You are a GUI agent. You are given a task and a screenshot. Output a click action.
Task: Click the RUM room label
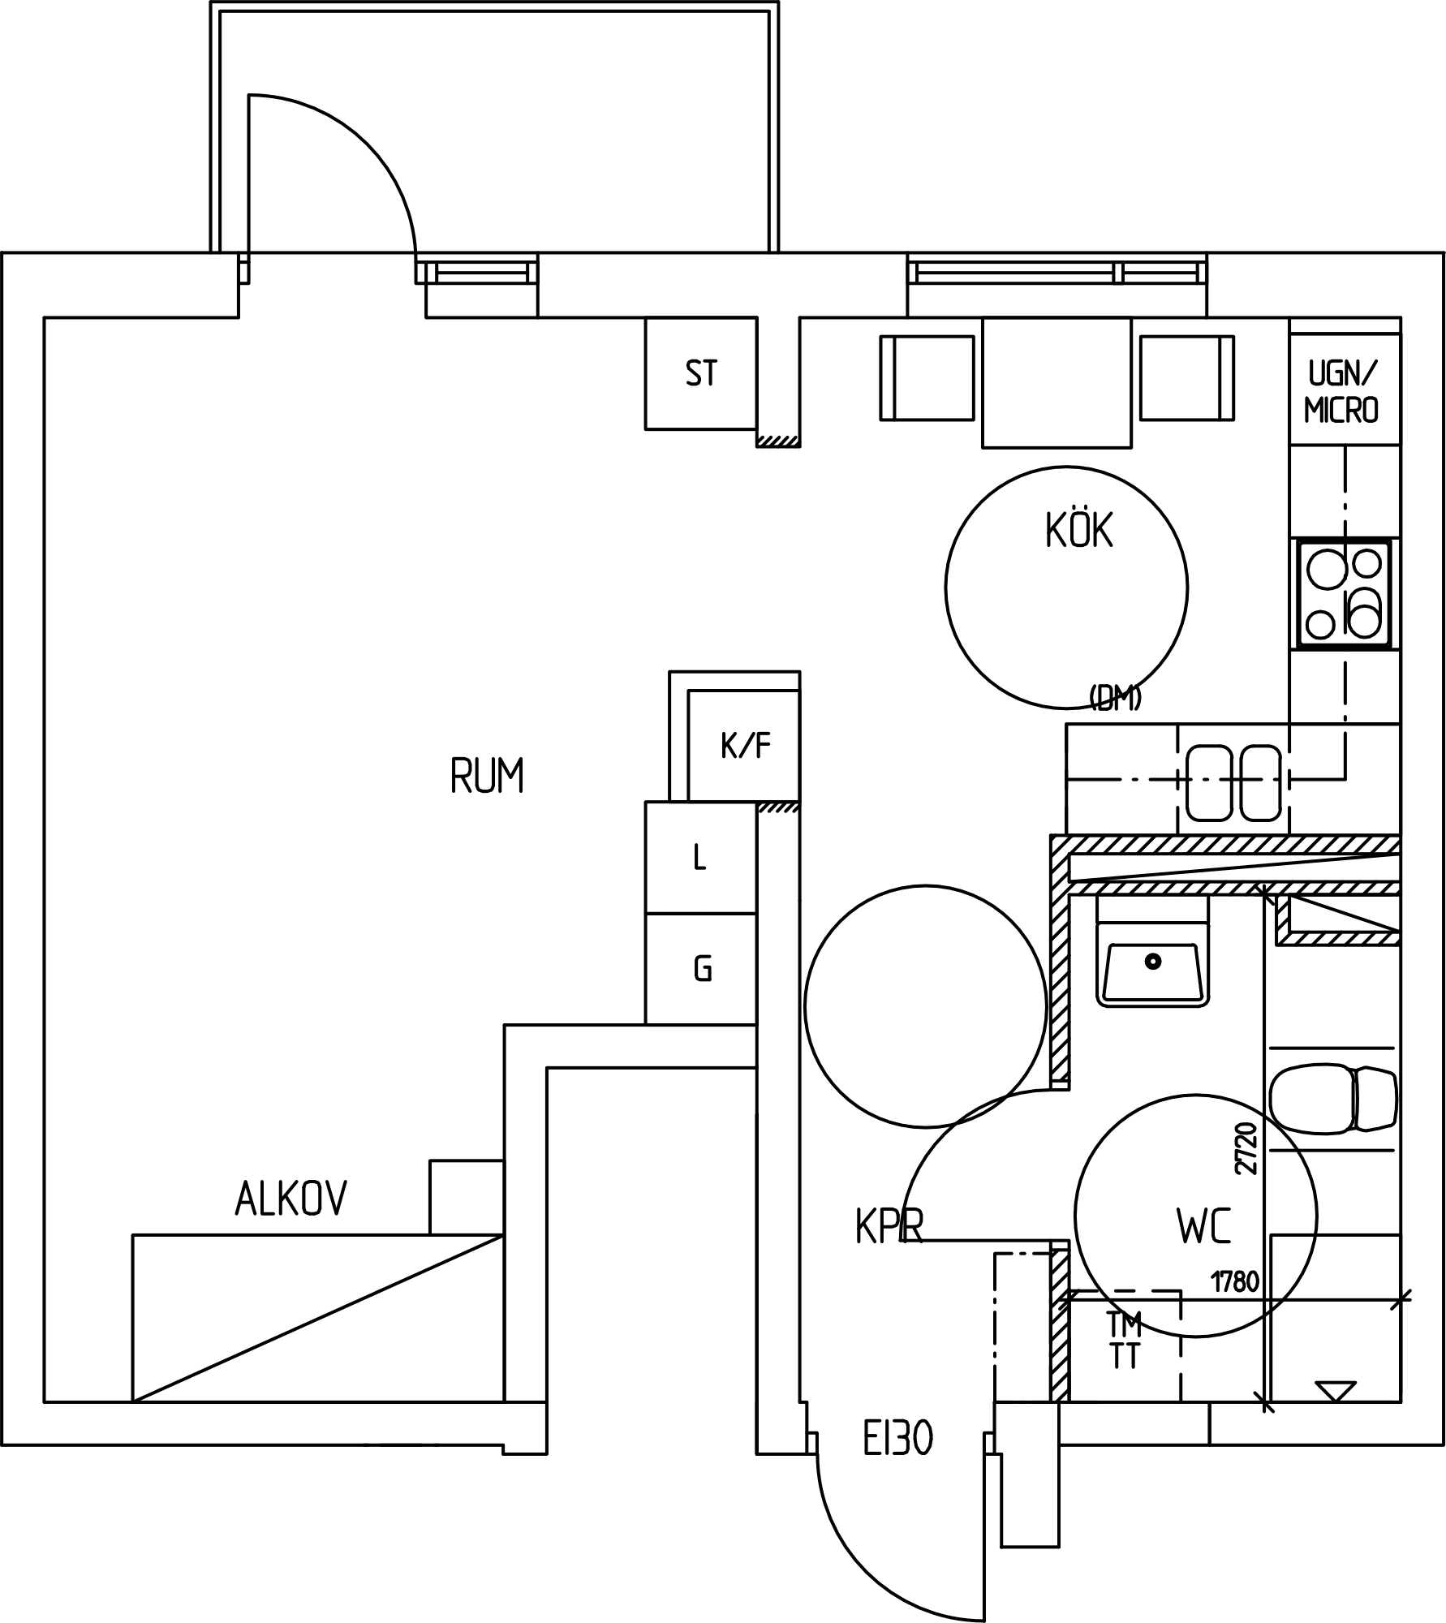point(487,775)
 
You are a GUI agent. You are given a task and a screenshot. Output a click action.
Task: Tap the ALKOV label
point(291,1198)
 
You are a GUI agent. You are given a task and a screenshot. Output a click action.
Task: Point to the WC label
point(1203,1226)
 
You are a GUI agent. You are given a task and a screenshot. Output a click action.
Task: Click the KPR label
point(889,1226)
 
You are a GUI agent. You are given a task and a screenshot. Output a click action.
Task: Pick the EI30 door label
point(897,1440)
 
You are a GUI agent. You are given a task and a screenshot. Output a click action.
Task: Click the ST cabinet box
point(701,373)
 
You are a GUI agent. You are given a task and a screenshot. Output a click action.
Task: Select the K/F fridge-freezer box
point(743,746)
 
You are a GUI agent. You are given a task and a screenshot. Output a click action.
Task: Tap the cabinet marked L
point(701,858)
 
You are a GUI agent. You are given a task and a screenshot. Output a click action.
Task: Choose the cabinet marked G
point(701,969)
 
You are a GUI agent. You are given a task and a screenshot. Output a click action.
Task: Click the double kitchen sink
point(1233,783)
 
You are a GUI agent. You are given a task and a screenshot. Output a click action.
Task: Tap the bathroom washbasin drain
point(1153,962)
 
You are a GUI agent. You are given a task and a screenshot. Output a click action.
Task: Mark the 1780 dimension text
point(1235,1282)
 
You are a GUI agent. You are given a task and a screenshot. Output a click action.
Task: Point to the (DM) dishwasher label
point(1116,698)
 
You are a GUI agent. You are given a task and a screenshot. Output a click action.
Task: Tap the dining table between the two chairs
point(1057,382)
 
